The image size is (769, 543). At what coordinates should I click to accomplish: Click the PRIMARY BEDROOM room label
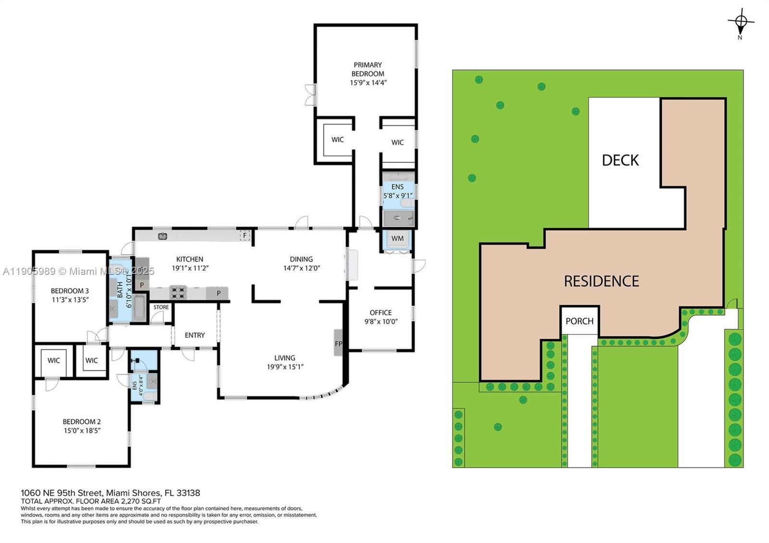[368, 69]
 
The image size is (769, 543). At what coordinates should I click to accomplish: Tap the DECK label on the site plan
[620, 160]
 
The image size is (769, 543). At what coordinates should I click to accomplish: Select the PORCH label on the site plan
[579, 321]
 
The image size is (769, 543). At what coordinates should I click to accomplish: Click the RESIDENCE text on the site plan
[601, 281]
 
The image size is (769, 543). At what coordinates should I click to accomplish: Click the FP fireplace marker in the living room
[338, 344]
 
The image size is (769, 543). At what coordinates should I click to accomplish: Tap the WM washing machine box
[397, 238]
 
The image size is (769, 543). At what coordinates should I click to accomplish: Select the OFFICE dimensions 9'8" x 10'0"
[381, 321]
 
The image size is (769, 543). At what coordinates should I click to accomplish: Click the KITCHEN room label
[189, 259]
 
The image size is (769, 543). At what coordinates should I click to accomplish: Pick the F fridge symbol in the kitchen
[245, 235]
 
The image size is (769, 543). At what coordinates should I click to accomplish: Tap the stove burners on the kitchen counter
[178, 292]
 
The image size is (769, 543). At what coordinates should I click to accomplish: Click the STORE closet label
[161, 307]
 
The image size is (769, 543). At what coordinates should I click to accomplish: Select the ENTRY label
[195, 335]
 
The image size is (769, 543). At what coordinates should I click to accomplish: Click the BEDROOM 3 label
[70, 291]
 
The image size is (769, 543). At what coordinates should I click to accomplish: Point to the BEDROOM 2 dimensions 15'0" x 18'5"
[82, 431]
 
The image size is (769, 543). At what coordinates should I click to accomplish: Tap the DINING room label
[301, 259]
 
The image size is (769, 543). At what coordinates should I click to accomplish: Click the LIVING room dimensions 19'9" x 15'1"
[285, 367]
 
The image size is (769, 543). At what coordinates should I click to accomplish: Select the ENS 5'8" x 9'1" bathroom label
[397, 191]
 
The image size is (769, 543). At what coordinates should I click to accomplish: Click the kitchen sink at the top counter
[162, 236]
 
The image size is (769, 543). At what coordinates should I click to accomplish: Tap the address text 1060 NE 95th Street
[61, 493]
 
